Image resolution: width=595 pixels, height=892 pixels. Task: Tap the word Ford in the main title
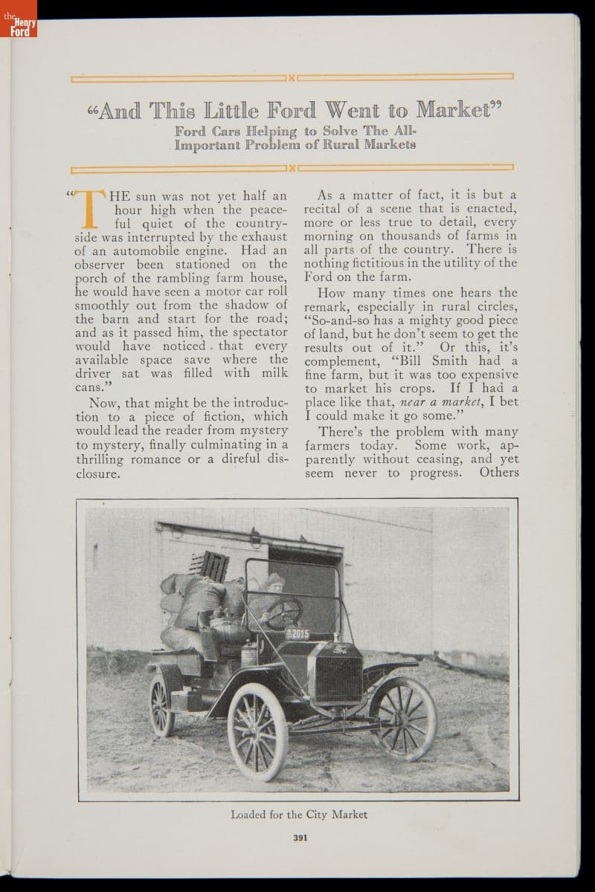(276, 110)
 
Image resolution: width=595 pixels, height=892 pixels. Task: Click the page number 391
(300, 837)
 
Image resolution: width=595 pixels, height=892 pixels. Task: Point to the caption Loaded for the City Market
(299, 814)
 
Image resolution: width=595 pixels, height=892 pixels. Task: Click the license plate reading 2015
(298, 633)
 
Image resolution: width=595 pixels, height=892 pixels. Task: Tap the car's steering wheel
(284, 612)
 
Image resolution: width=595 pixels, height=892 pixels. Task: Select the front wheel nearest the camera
(257, 731)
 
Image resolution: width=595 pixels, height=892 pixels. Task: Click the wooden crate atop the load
(210, 566)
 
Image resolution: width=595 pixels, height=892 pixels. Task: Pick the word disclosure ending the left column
(97, 474)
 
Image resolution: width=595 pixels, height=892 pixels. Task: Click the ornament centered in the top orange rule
(292, 77)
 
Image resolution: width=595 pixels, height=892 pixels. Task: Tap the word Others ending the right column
(498, 472)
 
